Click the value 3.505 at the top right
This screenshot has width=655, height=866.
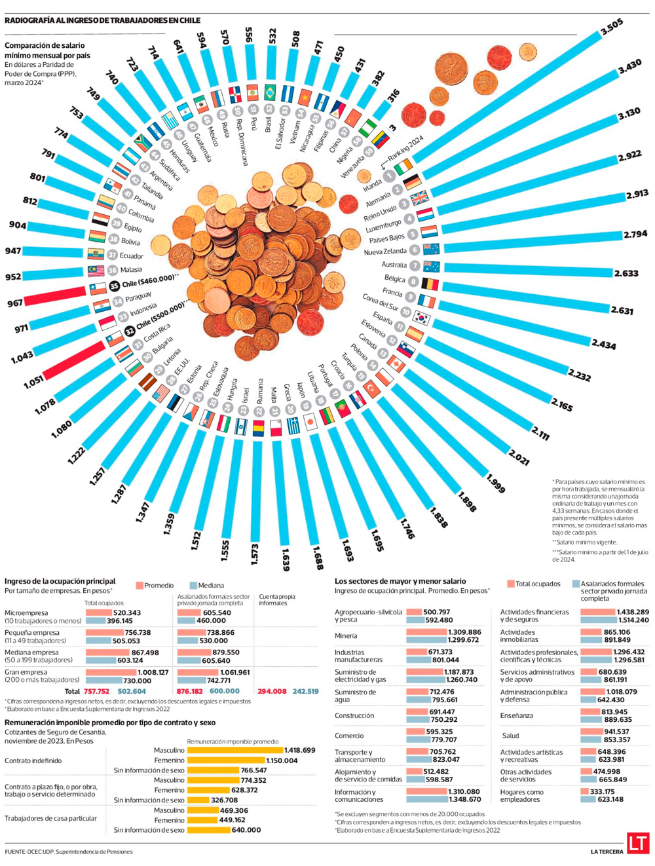tap(611, 27)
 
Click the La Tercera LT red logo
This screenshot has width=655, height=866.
tap(637, 842)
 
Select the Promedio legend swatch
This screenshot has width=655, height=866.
tap(140, 585)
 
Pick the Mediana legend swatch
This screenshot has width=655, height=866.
tap(193, 585)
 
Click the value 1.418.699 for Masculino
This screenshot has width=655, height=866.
tap(299, 750)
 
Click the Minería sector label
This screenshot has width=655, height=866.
tap(346, 635)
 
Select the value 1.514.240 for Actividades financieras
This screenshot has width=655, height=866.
tap(632, 620)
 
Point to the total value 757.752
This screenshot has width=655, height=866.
tap(97, 691)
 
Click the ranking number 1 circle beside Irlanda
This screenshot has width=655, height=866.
tap(390, 176)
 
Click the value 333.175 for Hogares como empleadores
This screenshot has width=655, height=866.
tap(601, 791)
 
